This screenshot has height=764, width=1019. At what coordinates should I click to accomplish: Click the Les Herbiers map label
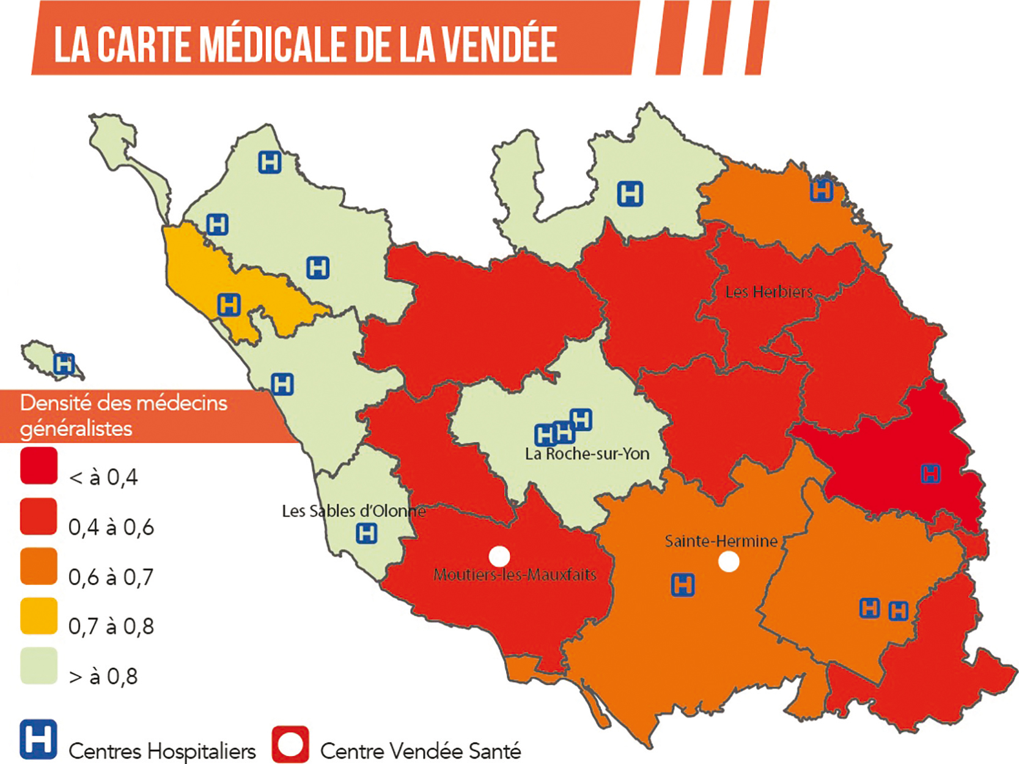click(768, 292)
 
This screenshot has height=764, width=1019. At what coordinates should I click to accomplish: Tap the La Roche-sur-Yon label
click(587, 454)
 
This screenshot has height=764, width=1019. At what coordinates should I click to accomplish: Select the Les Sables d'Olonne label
click(353, 511)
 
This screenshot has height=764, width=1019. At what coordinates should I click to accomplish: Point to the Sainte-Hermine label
click(721, 541)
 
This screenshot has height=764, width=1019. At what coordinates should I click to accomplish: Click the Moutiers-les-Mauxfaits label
click(515, 575)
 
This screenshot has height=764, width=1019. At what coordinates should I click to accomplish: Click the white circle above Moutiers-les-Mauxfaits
click(499, 556)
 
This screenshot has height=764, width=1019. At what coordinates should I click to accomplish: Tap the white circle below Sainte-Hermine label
click(728, 561)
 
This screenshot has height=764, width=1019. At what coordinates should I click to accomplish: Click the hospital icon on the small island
click(64, 364)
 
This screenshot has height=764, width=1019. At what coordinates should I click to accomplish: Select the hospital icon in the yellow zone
click(229, 304)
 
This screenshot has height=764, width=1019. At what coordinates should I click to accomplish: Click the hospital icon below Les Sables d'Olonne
click(367, 533)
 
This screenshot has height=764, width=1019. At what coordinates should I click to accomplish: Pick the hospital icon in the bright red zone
click(930, 474)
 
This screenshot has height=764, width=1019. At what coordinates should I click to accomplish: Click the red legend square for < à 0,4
click(39, 466)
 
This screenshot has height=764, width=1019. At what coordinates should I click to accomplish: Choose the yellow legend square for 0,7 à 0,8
click(39, 616)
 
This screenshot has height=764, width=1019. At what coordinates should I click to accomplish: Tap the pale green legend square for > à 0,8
click(39, 666)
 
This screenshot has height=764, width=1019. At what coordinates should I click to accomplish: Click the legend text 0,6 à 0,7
click(111, 577)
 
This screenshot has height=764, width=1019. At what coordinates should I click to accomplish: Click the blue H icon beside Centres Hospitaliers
click(38, 740)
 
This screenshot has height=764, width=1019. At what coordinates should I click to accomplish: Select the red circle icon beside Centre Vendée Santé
click(290, 744)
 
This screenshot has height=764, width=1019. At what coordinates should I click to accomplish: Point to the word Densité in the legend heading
click(56, 403)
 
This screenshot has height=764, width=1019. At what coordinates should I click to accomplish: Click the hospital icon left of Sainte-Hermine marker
click(683, 585)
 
